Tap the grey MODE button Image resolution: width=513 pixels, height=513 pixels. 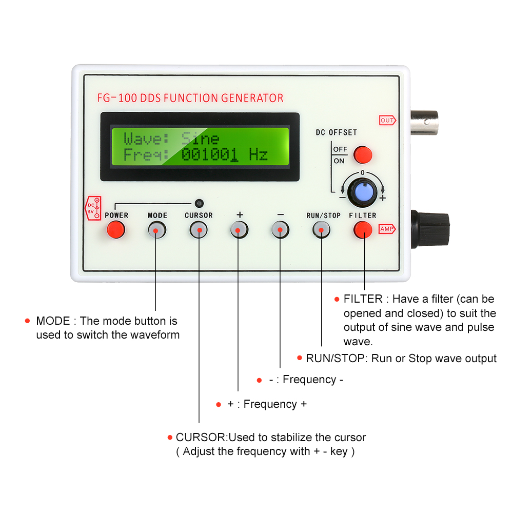157,230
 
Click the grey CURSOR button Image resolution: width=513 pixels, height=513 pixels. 198,230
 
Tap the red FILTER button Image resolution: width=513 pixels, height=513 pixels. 363,230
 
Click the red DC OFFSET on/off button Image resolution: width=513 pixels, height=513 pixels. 363,154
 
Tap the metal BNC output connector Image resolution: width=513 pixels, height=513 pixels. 424,121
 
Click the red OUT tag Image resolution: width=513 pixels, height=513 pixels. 387,121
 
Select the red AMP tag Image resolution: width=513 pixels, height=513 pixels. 386,229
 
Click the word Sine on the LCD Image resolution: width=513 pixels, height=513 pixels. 200,139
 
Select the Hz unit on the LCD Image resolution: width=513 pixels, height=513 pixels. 258,154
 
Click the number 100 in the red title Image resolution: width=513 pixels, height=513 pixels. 128,98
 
